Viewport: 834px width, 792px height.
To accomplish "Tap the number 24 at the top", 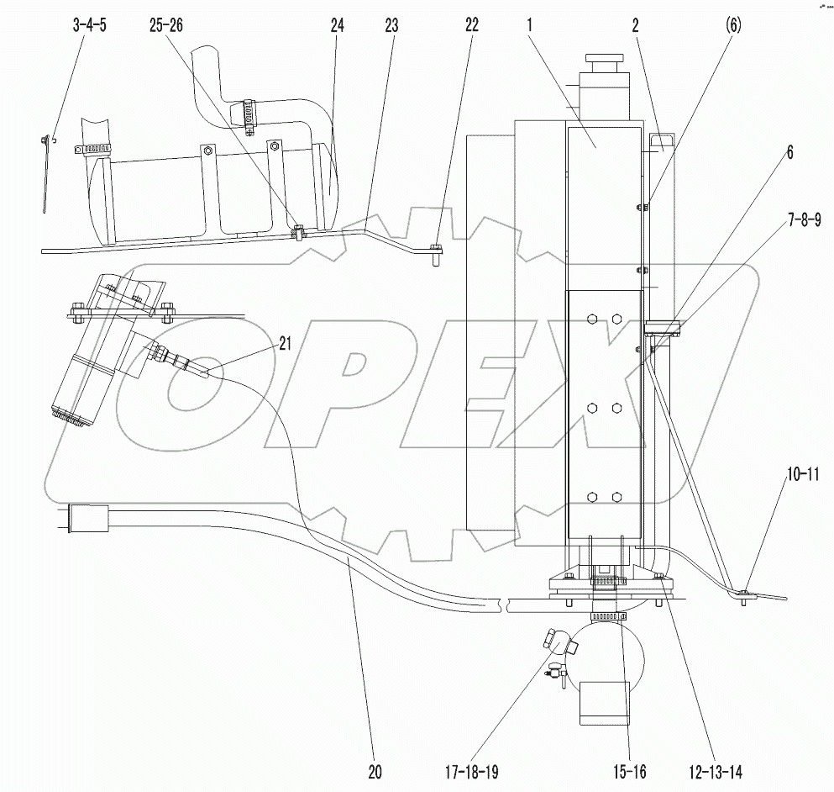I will (337, 26).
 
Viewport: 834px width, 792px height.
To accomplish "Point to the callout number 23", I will (391, 26).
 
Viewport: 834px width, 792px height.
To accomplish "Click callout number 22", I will (470, 26).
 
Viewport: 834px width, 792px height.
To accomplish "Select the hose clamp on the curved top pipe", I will (249, 110).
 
